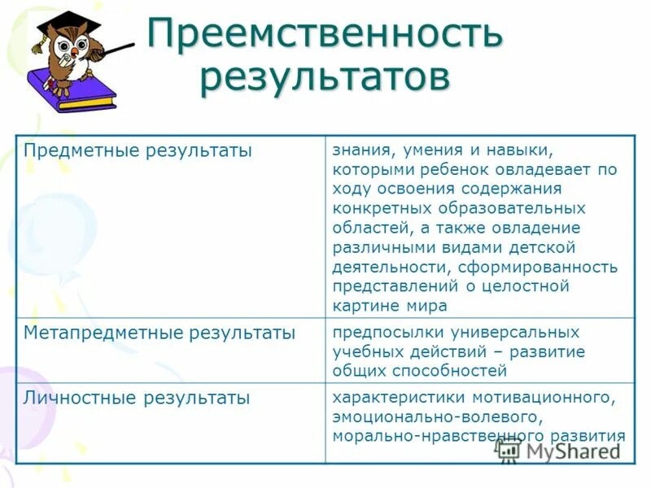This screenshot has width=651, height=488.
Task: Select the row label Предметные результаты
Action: coord(138,151)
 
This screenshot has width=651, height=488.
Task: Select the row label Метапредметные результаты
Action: coord(159,333)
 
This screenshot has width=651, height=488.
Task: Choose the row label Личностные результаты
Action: coord(137,399)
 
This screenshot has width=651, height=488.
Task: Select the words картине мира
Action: coord(390,306)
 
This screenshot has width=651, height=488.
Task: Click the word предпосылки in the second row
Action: coord(378,333)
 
